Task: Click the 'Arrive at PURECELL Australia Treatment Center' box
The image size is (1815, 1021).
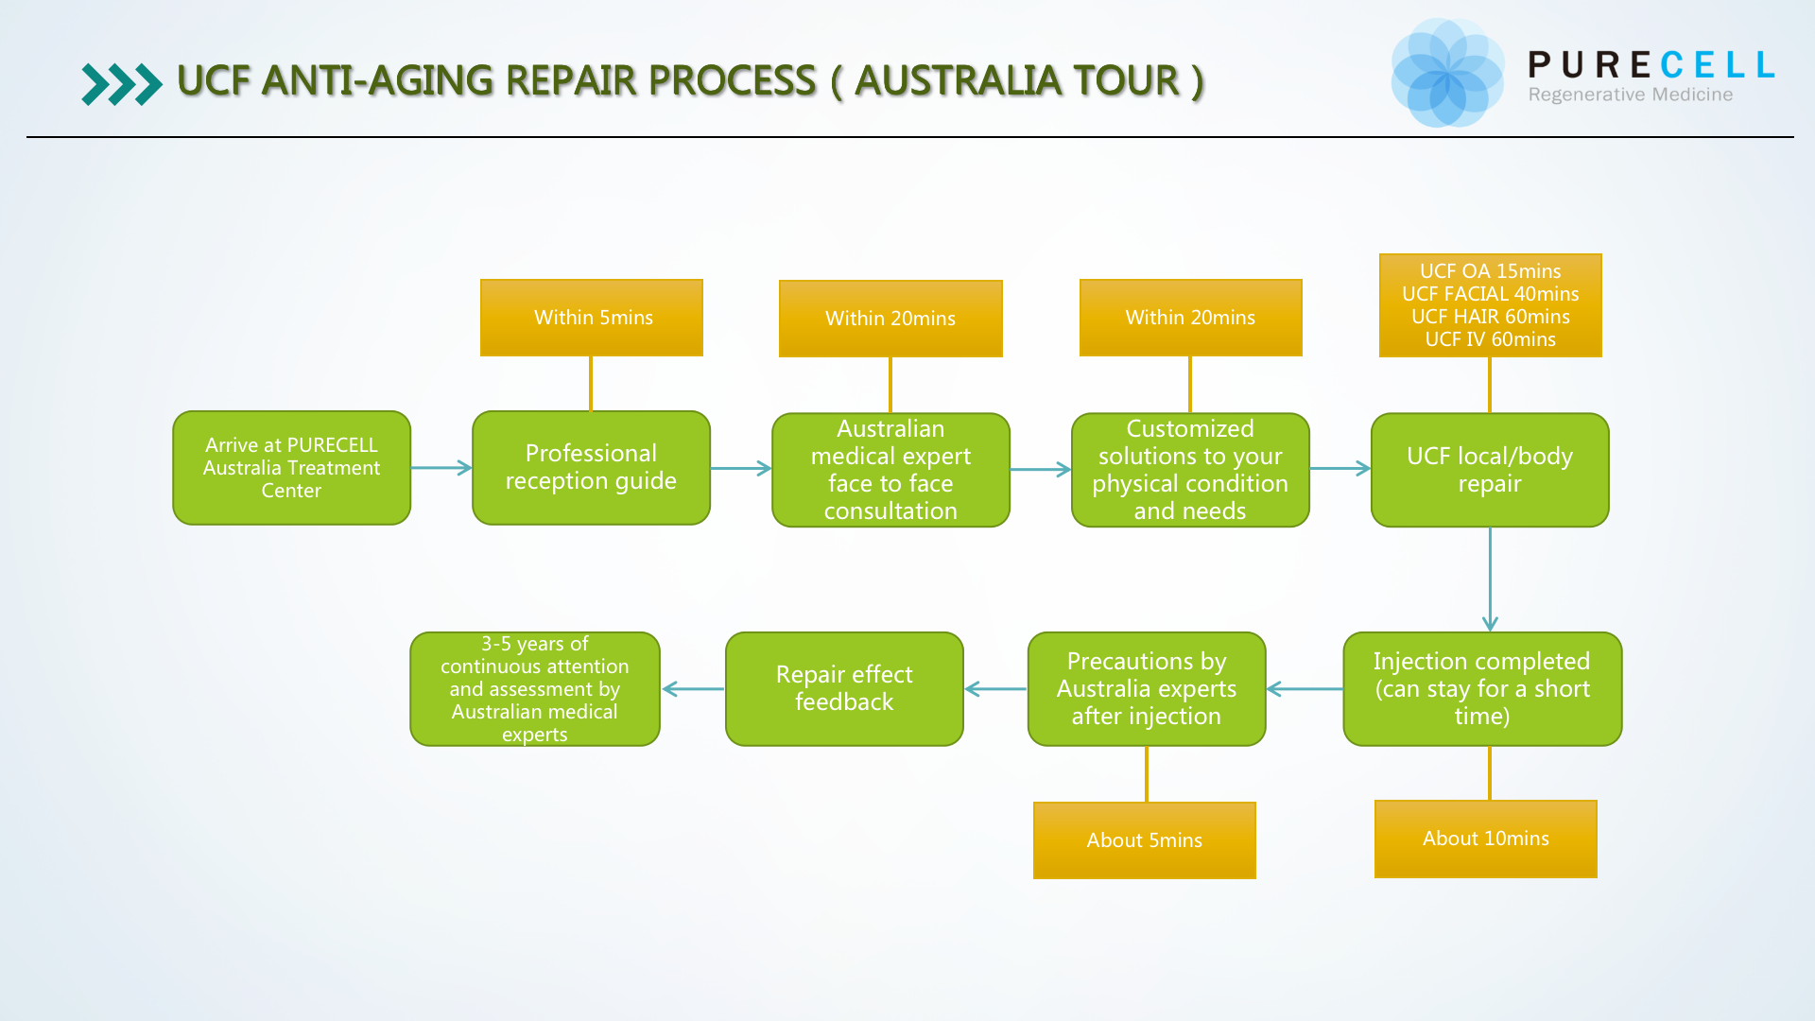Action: [291, 468]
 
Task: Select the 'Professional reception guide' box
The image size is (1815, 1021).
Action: [591, 468]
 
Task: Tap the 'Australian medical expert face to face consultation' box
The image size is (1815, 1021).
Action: [890, 470]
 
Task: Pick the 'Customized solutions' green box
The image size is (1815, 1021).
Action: [1190, 470]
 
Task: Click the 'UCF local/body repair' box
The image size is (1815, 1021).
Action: [1490, 470]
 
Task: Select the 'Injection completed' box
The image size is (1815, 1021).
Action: [1482, 689]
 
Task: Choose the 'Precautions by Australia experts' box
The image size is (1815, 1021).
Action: [1147, 689]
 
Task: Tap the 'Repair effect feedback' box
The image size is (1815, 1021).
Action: [844, 689]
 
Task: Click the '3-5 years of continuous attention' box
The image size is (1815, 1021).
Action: [535, 689]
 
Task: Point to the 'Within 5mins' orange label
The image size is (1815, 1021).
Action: [592, 318]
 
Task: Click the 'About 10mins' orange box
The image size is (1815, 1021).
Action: [1486, 839]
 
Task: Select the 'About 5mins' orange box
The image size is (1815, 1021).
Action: [1145, 840]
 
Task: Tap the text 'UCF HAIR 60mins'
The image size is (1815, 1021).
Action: [1490, 317]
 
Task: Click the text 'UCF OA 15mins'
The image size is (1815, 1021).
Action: [1490, 271]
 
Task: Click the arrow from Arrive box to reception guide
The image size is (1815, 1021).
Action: [441, 468]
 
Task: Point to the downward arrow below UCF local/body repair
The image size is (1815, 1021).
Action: [1490, 579]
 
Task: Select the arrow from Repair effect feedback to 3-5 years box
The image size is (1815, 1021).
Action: [693, 689]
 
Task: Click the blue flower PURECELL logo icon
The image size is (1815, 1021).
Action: [1446, 73]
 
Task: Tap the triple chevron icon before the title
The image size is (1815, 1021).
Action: [121, 84]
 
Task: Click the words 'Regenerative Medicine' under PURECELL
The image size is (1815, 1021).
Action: [1631, 95]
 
